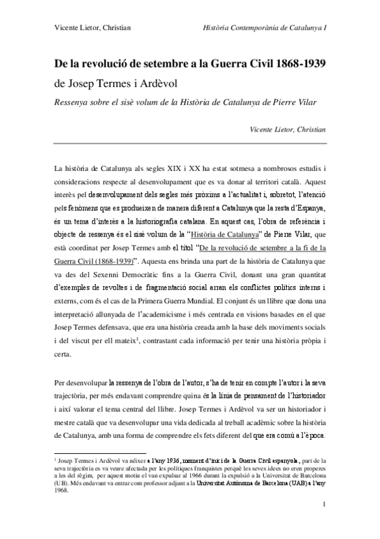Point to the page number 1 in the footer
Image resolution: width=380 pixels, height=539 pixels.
(324, 522)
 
